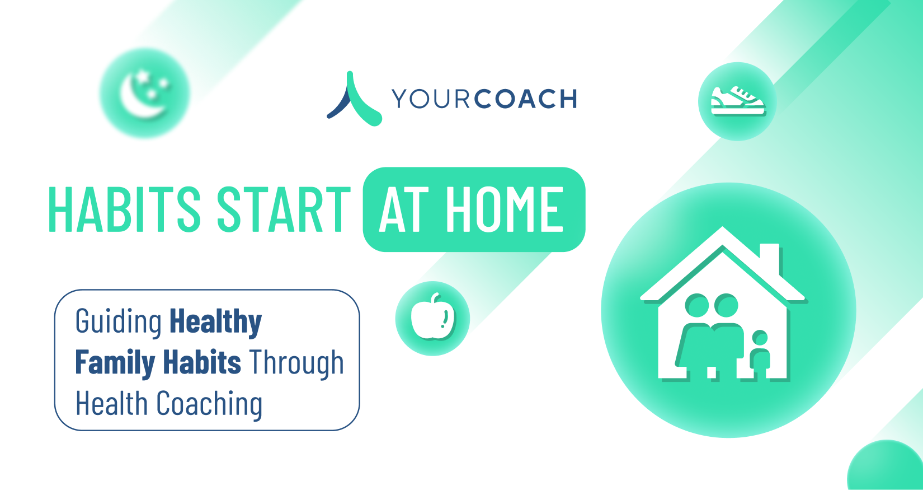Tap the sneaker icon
(x=737, y=101)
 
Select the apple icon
(x=432, y=316)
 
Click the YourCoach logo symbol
(x=354, y=99)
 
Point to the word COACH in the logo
(x=525, y=99)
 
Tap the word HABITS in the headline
(x=124, y=209)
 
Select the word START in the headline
(x=284, y=209)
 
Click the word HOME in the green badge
(x=505, y=209)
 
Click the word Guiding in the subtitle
(x=119, y=322)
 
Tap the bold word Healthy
(x=216, y=322)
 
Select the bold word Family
(x=115, y=363)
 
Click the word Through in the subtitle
(x=296, y=363)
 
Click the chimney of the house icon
(x=769, y=258)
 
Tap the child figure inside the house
(x=760, y=354)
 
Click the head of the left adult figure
(x=697, y=306)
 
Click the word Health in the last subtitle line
(x=112, y=403)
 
